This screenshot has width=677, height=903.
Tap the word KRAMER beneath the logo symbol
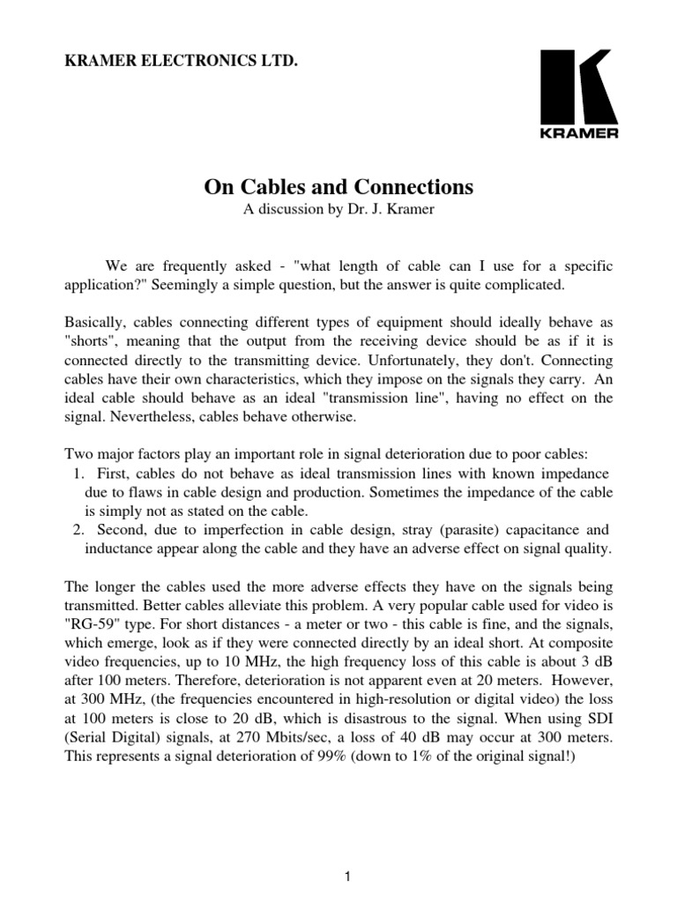click(x=578, y=134)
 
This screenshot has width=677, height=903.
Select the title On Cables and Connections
click(x=339, y=187)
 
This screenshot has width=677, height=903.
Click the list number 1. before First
click(x=75, y=474)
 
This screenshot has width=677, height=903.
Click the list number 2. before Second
click(x=75, y=531)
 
